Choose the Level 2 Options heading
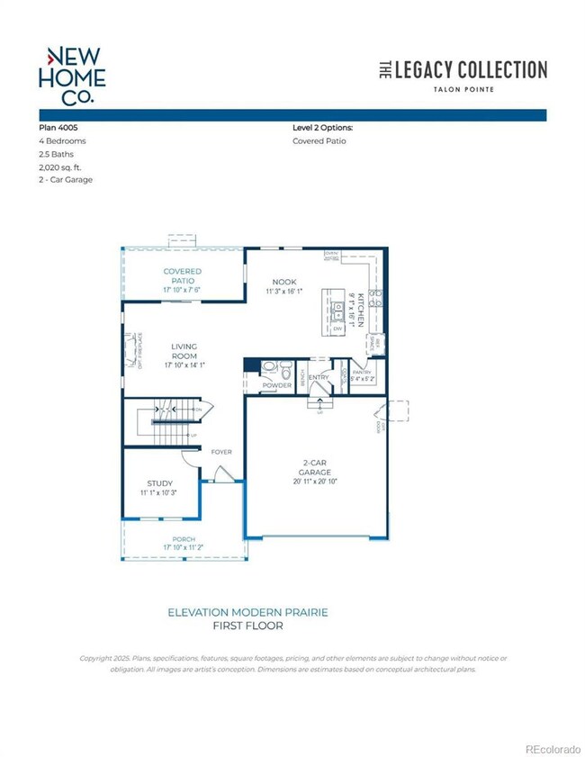point(328,128)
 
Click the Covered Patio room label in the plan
point(182,276)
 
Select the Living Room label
point(184,351)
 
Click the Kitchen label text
point(358,309)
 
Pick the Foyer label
point(222,452)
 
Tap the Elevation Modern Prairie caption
point(247,612)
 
